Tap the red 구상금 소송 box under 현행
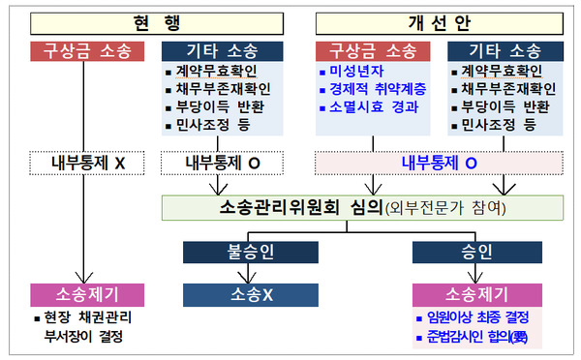pos(87,49)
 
